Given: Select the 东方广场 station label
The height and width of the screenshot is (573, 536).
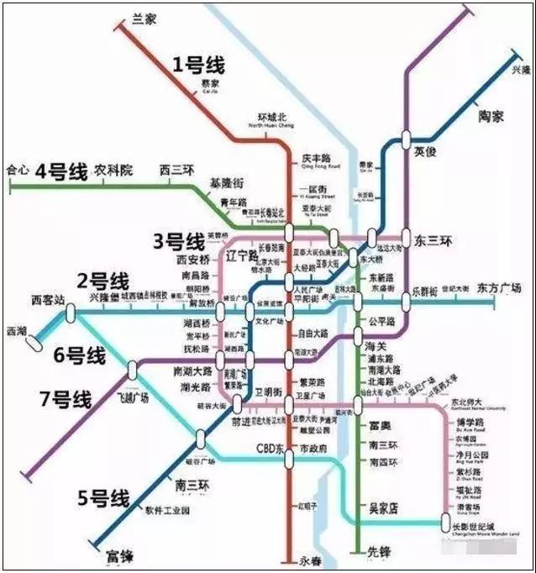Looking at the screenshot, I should coord(498,288).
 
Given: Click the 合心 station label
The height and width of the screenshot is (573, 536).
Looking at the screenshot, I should coord(17,169).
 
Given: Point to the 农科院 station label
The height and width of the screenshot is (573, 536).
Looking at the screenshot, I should coord(114,170).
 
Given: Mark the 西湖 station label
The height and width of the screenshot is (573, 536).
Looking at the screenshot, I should coord(16,329).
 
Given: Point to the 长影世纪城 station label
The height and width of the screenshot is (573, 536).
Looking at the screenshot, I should coord(486,525).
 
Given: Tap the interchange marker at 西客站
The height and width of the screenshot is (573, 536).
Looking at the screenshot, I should coord(71,313).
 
